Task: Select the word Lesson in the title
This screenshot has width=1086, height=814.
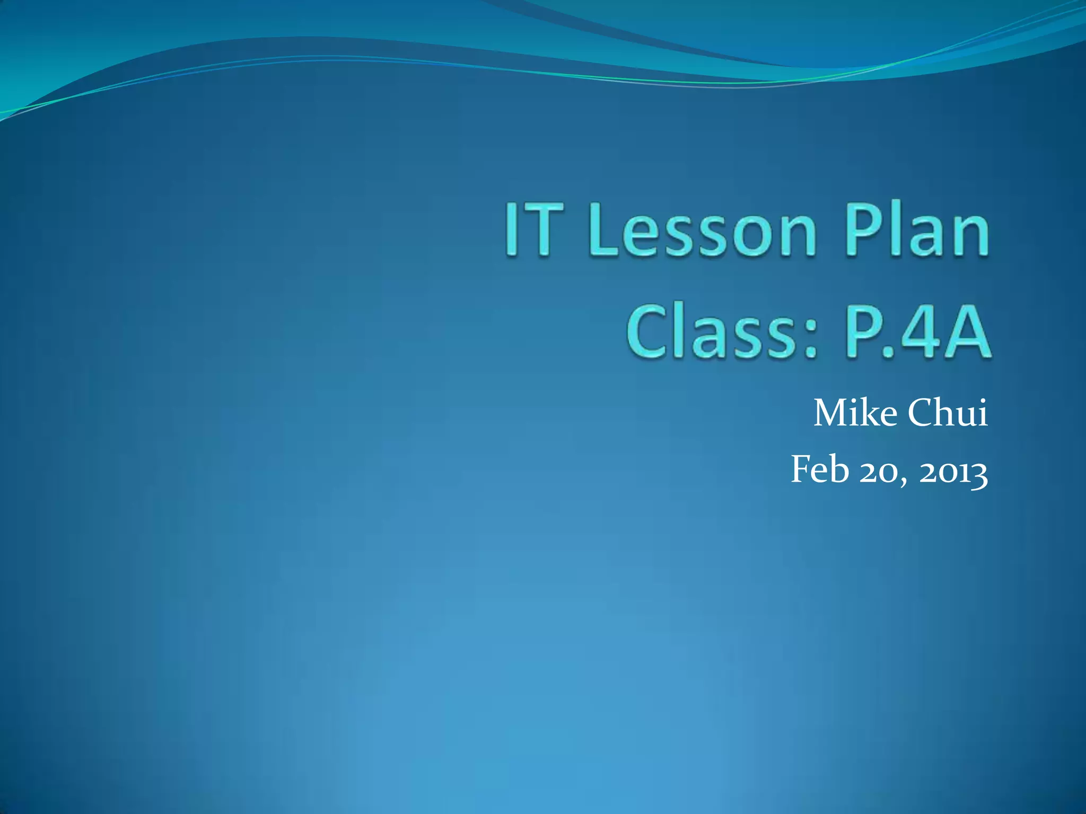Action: point(702,231)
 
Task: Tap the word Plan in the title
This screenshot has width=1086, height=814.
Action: point(917,231)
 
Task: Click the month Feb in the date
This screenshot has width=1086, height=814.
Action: point(820,470)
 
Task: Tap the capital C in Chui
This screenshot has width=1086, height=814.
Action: point(921,413)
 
